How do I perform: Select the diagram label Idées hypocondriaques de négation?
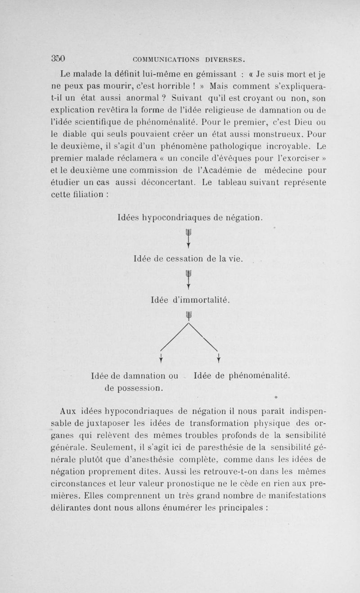(x=189, y=218)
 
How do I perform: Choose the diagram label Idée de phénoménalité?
(x=241, y=375)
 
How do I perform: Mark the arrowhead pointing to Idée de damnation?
(x=161, y=358)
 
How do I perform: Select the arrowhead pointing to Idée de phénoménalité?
(x=218, y=358)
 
